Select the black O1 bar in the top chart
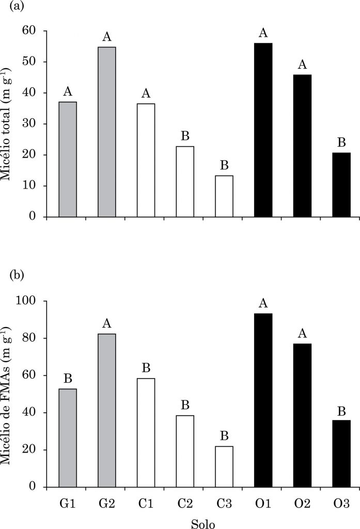click(263, 130)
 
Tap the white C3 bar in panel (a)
click(224, 196)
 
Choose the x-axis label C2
click(184, 502)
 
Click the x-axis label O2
click(302, 502)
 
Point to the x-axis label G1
click(68, 502)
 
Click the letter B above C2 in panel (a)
click(185, 136)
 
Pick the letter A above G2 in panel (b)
click(107, 323)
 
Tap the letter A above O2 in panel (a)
click(302, 65)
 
